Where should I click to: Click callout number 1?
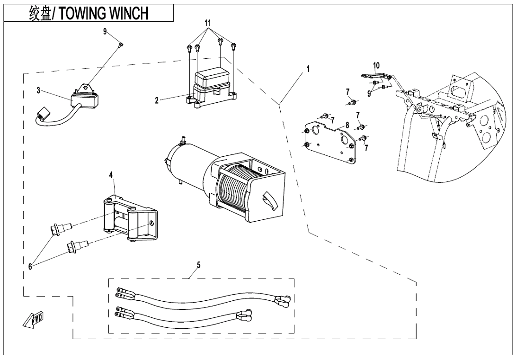coord(308,69)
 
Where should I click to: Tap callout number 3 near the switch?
coord(38,90)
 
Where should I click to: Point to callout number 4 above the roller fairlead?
coord(111,175)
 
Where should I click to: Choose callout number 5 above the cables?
coord(199,265)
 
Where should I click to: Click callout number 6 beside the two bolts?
coord(30,266)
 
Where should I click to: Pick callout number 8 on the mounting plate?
coord(347,125)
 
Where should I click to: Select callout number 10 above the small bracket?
coord(376,64)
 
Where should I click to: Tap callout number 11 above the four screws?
coord(207,23)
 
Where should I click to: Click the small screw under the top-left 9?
coord(120,45)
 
